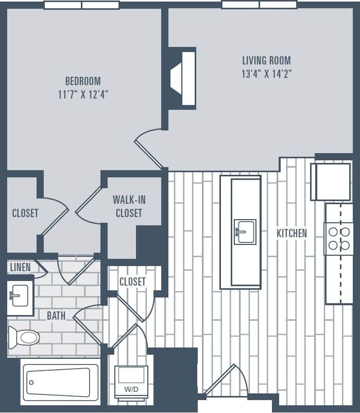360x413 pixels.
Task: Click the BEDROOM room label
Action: coord(82,81)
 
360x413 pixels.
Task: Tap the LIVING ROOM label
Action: coord(266,60)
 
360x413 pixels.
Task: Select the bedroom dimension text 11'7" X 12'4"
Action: coord(82,94)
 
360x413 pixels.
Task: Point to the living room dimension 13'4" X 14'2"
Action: coord(266,74)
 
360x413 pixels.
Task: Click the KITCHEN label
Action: coord(292,233)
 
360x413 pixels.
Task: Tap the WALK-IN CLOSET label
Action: coord(129,206)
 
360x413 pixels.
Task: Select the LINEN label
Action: coord(20,267)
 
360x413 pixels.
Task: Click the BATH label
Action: coord(56,315)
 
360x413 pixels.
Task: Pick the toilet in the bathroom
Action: coord(25,338)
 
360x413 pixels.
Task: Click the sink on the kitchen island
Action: coord(245,232)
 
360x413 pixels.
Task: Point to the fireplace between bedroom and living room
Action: coord(183,78)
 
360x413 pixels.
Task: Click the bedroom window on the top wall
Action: coord(81,5)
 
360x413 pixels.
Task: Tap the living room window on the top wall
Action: coord(259,5)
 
